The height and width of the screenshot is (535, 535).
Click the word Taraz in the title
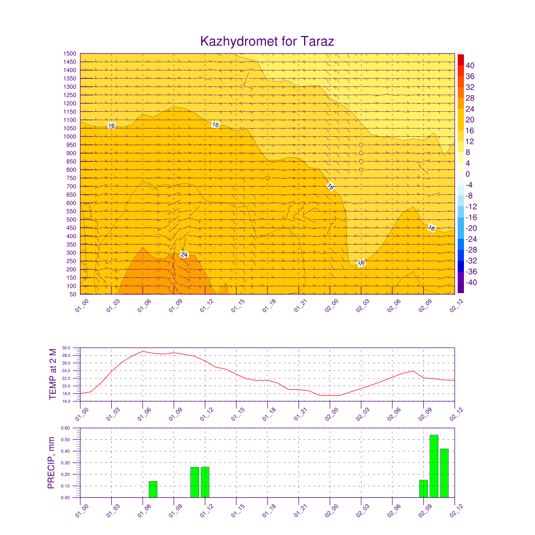(x=317, y=41)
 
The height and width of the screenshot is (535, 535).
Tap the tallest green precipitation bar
(x=434, y=466)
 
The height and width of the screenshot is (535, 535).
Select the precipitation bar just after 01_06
(x=153, y=489)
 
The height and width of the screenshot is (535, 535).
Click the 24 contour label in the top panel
(x=184, y=255)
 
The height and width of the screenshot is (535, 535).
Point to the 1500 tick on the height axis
(x=69, y=54)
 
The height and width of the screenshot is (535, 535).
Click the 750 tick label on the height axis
(x=71, y=178)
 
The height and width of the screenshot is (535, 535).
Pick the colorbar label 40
(x=470, y=65)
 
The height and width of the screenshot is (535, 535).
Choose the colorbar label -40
(x=471, y=283)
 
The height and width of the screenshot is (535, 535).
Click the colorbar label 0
(x=468, y=174)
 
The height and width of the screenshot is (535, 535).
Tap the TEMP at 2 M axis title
(x=53, y=374)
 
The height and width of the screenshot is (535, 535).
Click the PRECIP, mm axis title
(x=51, y=463)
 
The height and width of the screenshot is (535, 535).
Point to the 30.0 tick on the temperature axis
(x=66, y=348)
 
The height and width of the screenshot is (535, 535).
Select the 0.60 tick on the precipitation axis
(x=65, y=428)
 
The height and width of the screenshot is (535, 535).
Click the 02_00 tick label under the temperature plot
(x=331, y=414)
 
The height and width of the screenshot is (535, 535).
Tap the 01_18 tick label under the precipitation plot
(x=269, y=510)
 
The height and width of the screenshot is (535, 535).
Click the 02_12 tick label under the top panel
(x=456, y=305)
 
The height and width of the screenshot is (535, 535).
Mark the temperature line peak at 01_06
(x=143, y=351)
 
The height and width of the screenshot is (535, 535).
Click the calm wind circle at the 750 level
(x=267, y=178)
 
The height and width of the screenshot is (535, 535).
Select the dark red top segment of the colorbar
(x=461, y=60)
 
